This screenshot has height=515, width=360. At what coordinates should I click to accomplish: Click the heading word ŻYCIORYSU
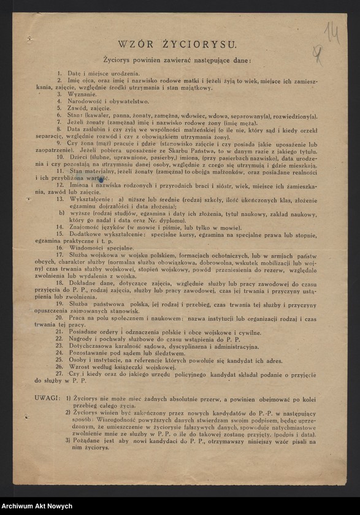207,44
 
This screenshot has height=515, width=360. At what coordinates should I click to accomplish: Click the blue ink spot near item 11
101,180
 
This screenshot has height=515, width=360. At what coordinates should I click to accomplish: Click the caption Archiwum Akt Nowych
37,506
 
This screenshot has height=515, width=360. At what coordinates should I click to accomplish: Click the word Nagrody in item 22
80,338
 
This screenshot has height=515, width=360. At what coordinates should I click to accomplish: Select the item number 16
59,248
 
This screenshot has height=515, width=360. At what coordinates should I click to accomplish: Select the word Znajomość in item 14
87,227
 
